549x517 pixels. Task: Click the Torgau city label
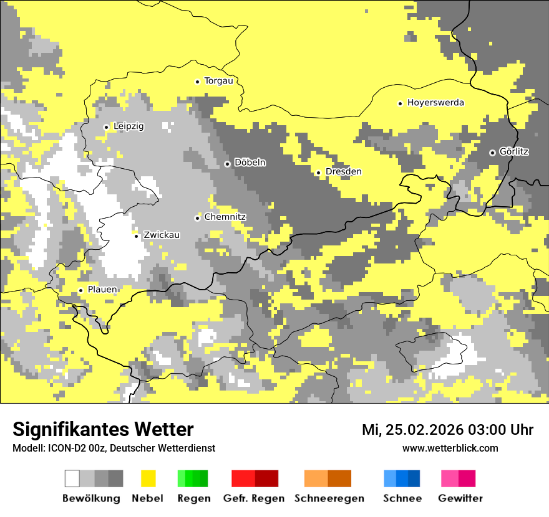(218, 81)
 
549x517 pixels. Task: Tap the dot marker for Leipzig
(106, 127)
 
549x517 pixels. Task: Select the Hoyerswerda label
(435, 103)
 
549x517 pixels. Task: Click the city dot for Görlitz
(492, 153)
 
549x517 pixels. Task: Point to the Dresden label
(343, 172)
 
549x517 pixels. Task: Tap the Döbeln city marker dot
(227, 164)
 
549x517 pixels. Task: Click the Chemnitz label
(225, 217)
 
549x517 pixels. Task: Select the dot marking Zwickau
(136, 235)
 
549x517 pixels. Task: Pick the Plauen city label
(102, 290)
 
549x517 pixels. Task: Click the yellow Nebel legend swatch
(148, 478)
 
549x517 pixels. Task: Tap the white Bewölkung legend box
(72, 478)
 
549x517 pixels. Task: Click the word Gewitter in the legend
(460, 498)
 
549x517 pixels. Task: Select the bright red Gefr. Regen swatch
(243, 478)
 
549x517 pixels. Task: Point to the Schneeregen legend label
(329, 498)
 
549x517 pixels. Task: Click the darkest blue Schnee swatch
(414, 478)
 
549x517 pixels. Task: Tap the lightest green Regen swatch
(182, 478)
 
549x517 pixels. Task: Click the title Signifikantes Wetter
(103, 429)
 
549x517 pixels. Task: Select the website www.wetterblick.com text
(450, 448)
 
